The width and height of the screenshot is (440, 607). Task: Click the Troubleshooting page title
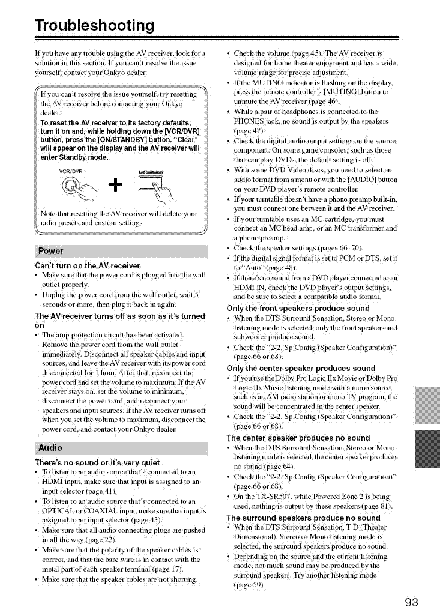click(95, 26)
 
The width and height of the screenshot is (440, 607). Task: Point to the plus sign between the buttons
click(117, 184)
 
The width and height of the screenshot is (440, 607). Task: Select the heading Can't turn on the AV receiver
click(88, 265)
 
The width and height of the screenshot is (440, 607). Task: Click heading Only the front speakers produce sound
click(298, 309)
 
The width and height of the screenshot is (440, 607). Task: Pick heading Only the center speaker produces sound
click(301, 368)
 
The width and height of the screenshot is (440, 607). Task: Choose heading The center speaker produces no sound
click(298, 438)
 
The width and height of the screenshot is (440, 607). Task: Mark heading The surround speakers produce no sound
click(303, 518)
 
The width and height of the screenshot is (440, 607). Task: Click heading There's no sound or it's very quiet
click(97, 463)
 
